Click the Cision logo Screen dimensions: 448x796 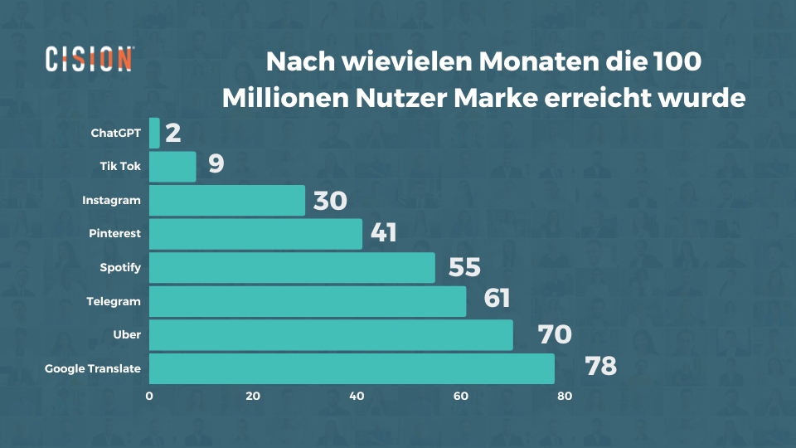[x=89, y=60]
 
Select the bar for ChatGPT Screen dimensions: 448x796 [x=154, y=133]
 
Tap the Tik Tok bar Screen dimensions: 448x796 [x=172, y=167]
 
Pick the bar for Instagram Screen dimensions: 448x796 [x=226, y=201]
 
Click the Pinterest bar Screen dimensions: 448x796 [x=255, y=234]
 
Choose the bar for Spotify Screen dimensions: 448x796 [x=292, y=268]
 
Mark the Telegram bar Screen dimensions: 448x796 [x=308, y=301]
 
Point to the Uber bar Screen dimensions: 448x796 [x=331, y=335]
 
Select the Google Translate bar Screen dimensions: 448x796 [x=352, y=368]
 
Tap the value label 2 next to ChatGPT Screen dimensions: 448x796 [x=172, y=133]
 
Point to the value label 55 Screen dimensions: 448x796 [x=464, y=266]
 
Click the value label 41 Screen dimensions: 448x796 [x=383, y=233]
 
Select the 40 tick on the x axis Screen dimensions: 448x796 [x=357, y=397]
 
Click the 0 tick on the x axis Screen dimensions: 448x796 [x=149, y=397]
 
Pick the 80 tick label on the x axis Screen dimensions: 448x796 [x=564, y=397]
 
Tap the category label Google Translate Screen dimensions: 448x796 [x=93, y=368]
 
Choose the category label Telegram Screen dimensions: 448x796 [x=114, y=301]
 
